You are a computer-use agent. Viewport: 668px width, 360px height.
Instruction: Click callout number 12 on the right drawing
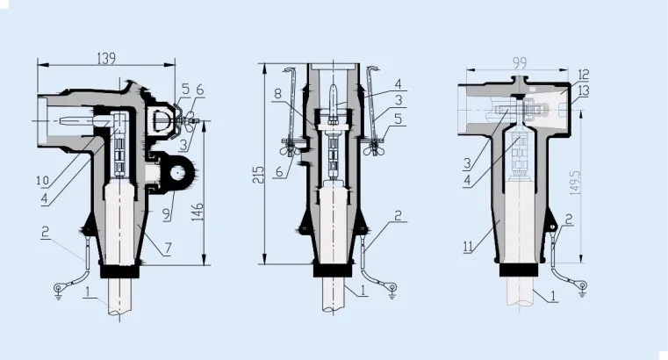[583, 75]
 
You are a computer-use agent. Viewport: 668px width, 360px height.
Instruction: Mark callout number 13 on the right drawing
[585, 90]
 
